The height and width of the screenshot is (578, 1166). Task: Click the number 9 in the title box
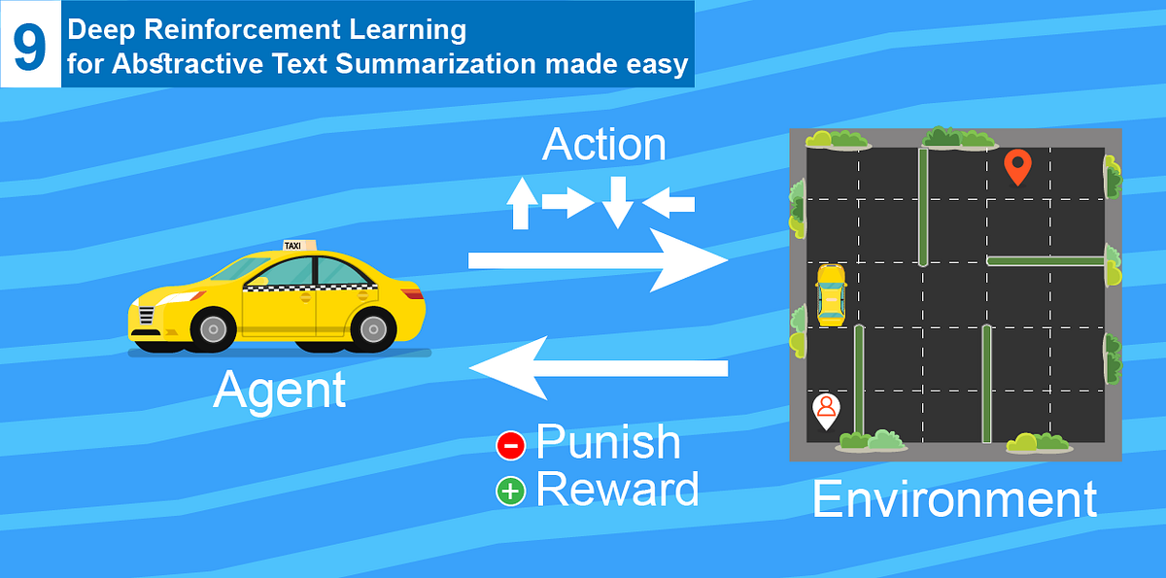tap(30, 47)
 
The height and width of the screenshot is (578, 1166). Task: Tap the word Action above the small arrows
tap(603, 145)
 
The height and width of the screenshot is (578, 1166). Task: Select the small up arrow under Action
tap(523, 203)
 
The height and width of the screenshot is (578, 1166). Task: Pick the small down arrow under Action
tap(616, 202)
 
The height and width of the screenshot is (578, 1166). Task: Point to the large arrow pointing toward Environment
tap(598, 260)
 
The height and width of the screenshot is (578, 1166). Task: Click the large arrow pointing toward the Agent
tap(598, 367)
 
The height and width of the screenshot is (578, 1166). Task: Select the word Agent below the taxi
tap(279, 390)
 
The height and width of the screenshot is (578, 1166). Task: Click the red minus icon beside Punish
tap(510, 445)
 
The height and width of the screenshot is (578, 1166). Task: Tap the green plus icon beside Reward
tap(510, 492)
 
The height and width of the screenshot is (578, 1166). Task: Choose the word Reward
tap(617, 489)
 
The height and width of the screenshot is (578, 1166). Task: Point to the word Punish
tap(608, 443)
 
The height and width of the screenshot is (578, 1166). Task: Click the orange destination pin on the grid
tap(1016, 166)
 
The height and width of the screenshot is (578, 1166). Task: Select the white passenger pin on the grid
tap(826, 410)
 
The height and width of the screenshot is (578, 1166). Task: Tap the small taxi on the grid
tap(831, 293)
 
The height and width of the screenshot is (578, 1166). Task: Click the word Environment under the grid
tap(954, 498)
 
